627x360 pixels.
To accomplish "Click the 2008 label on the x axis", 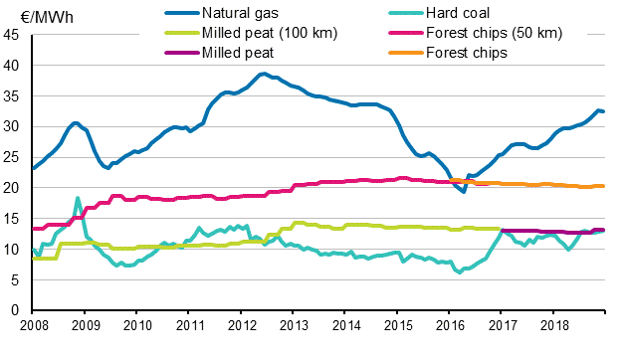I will tap(33, 324).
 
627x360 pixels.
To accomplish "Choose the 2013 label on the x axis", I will tap(293, 324).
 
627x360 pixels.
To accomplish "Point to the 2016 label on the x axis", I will tap(449, 324).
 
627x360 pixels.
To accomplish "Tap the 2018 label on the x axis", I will tap(552, 324).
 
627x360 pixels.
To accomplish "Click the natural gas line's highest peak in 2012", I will tap(263, 74).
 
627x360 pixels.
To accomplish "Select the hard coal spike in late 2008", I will tap(78, 198).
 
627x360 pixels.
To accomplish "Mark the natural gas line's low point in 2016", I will tap(464, 191).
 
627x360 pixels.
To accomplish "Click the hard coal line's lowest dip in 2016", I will tap(460, 271).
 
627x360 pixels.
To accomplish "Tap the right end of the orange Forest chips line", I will tap(603, 186).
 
